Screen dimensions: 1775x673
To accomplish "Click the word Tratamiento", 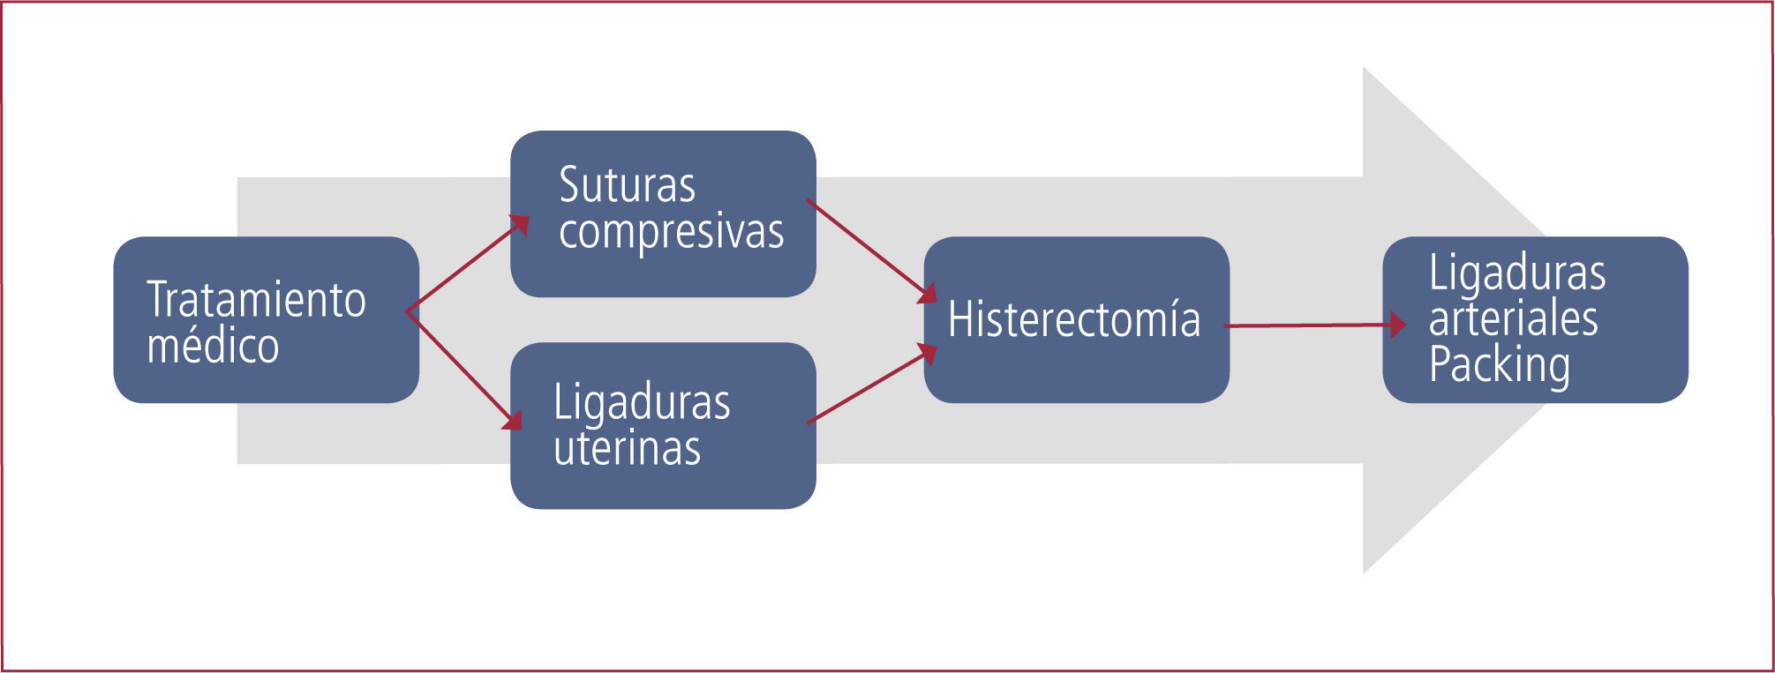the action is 256,300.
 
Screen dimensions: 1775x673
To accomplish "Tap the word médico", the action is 213,346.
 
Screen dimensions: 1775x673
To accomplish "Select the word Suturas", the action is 627,185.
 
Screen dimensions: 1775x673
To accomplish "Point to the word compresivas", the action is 671,232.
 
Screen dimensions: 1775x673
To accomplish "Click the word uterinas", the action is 627,448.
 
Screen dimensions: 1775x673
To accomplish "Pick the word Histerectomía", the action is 1073,319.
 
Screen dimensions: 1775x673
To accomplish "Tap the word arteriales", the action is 1513,318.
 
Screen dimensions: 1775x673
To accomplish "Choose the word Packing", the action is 1499,365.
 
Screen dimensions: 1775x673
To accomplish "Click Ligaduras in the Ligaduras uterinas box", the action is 642,403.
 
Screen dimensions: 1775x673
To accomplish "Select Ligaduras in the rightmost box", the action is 1516,273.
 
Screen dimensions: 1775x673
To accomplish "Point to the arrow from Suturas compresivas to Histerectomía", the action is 869,250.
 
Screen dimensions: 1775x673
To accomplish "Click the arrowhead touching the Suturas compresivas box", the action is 520,225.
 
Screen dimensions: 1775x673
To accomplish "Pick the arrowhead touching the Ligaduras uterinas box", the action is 513,419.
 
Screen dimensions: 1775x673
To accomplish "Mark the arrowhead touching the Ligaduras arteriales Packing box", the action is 1397,325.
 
